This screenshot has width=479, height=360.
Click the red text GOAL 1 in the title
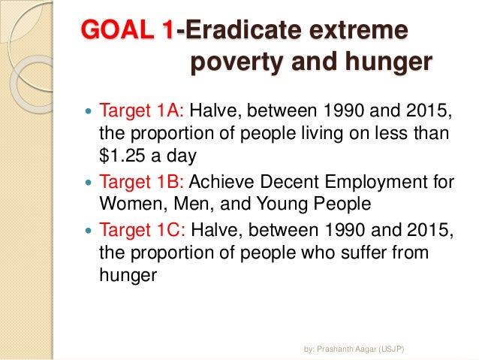coord(128,31)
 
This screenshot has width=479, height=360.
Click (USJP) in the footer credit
coord(392,349)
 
